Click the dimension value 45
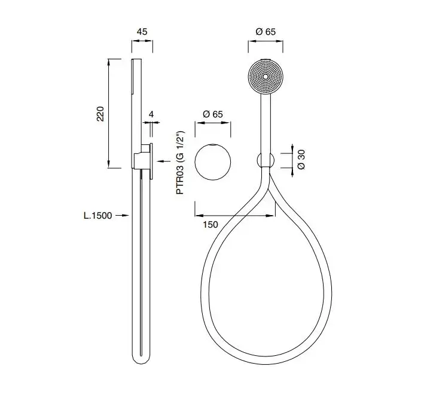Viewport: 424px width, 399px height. [142, 32]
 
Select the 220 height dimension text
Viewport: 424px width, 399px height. [100, 114]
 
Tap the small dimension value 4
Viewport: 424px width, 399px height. [151, 114]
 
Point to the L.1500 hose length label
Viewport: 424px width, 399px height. [97, 216]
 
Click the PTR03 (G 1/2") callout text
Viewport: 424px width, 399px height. [180, 162]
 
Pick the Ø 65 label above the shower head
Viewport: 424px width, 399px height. [266, 32]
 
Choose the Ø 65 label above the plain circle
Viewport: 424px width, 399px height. [213, 114]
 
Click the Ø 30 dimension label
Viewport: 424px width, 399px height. [301, 159]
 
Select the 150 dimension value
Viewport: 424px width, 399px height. [211, 225]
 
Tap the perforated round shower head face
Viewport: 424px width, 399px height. [266, 77]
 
